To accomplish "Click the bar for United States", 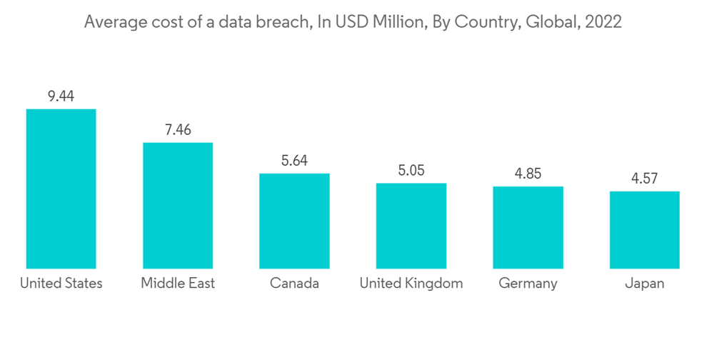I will [x=61, y=189].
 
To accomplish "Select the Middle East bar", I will [x=178, y=206].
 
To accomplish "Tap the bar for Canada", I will [x=294, y=221].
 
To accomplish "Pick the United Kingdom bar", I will [x=411, y=226].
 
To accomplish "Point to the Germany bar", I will [x=528, y=228].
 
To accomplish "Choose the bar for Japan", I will [x=645, y=230].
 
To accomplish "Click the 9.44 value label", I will [x=61, y=96].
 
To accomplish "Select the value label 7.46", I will [x=178, y=129].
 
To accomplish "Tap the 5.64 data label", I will [x=294, y=161].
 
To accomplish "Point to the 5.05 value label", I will [x=411, y=171].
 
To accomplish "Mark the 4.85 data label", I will [x=528, y=174].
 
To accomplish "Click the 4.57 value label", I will [x=645, y=179].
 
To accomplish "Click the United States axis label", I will [x=61, y=284].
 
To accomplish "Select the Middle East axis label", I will [x=178, y=284].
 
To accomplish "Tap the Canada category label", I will [x=294, y=284].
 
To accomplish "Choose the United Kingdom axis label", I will [x=411, y=284].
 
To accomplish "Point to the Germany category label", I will [x=528, y=284].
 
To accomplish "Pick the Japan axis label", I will [x=645, y=284].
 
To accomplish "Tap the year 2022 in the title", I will [x=603, y=22].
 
